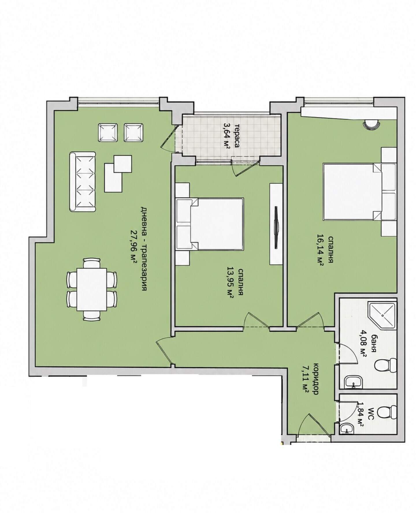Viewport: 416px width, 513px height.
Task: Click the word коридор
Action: click(x=315, y=378)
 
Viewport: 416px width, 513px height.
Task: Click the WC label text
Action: click(x=372, y=414)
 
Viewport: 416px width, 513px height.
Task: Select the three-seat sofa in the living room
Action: click(x=82, y=182)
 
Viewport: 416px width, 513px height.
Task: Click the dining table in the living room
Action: click(x=92, y=289)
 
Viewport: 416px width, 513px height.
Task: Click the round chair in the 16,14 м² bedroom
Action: click(x=371, y=124)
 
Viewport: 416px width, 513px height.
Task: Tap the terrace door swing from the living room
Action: click(x=170, y=139)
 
